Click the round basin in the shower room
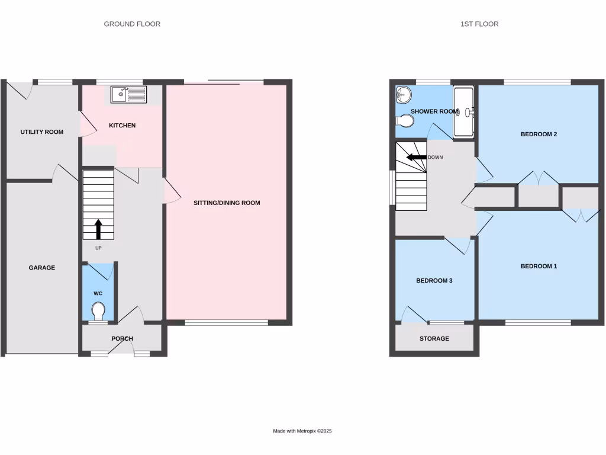point(403,94)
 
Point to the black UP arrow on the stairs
point(98,229)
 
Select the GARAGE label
point(42,268)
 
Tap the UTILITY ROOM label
point(41,132)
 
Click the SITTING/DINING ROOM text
point(227,203)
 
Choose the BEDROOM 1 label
point(539,267)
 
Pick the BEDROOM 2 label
point(539,134)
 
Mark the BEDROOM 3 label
point(434,280)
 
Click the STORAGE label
point(434,339)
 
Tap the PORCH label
point(122,339)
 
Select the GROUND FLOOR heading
point(132,24)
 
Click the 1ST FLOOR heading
point(479,24)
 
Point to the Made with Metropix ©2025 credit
point(302,431)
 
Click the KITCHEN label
point(123,126)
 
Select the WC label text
point(98,293)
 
